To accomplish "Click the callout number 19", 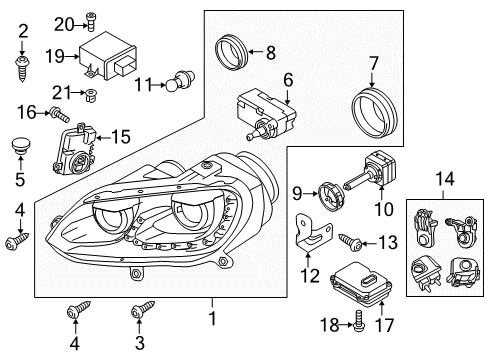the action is [55, 56].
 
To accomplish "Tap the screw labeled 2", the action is [22, 69].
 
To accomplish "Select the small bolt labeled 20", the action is [90, 21].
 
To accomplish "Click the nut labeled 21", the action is [90, 96].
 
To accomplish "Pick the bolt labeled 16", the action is [60, 114].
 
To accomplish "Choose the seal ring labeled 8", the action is [231, 52].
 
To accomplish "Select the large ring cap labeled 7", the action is [374, 112].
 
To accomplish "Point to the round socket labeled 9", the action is [330, 198].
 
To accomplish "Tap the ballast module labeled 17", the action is [361, 284].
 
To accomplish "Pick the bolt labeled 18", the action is [358, 321].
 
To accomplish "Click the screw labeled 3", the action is [143, 309].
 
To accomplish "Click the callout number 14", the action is [445, 178].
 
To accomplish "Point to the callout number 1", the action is [212, 318].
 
